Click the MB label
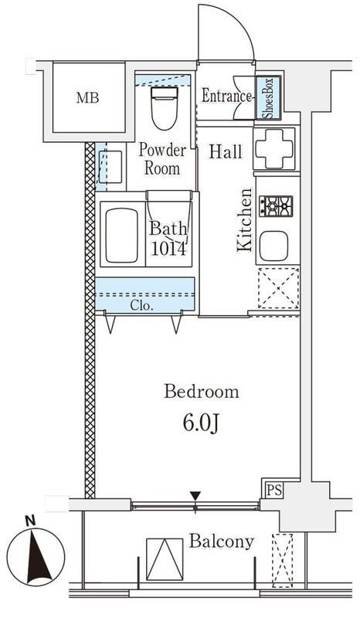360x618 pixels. (87, 97)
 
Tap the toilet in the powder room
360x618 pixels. (165, 108)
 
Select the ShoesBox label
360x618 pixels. (268, 97)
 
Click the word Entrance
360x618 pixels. (226, 96)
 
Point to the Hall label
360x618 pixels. (225, 151)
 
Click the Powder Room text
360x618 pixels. (162, 159)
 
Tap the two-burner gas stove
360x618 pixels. (276, 206)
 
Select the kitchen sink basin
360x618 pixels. (273, 246)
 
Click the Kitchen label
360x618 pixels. (244, 220)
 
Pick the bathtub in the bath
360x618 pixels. (122, 236)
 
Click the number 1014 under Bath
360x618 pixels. (168, 249)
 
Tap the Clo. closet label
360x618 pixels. (141, 306)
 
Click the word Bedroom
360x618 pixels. (202, 392)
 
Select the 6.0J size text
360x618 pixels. (201, 424)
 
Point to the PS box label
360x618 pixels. (273, 491)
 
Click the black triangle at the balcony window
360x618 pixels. (195, 495)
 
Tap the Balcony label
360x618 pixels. (221, 542)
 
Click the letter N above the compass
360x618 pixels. (30, 521)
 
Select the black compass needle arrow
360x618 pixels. (39, 557)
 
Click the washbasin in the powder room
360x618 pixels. (110, 167)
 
